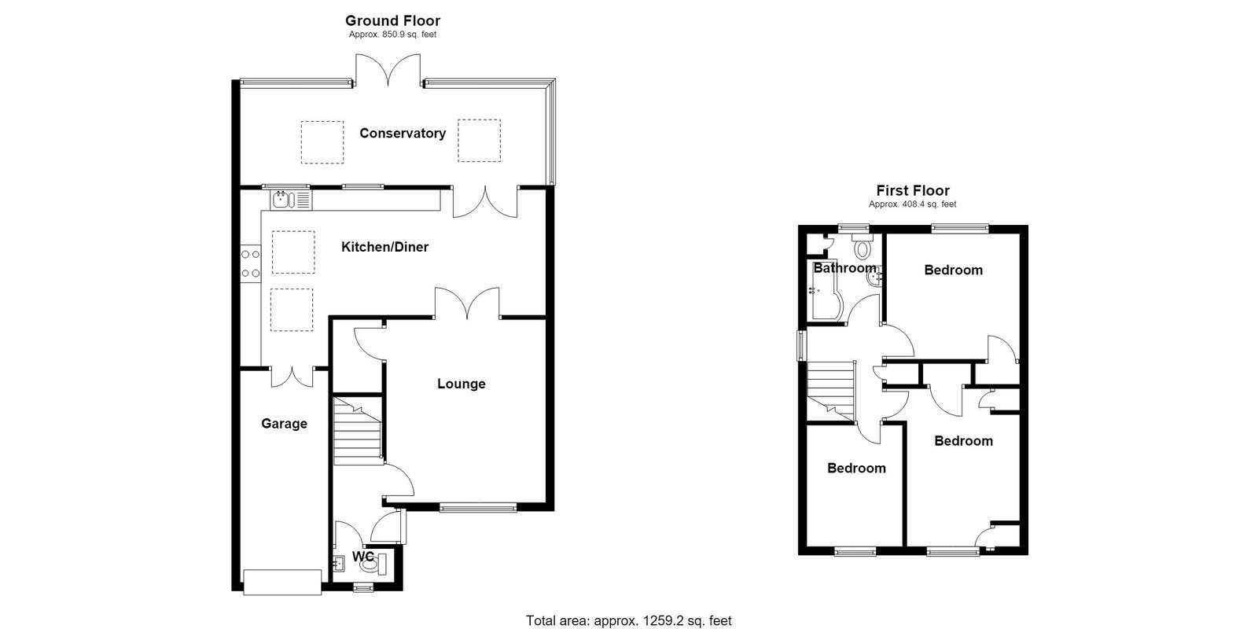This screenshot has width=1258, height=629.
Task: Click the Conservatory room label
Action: click(x=403, y=134)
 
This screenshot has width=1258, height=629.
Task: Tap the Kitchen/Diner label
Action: click(x=384, y=247)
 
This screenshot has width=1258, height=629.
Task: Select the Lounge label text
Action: click(x=461, y=384)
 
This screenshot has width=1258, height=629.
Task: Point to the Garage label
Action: click(x=284, y=424)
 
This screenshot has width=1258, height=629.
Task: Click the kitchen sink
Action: click(x=291, y=200)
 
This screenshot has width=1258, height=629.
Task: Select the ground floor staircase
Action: click(x=359, y=431)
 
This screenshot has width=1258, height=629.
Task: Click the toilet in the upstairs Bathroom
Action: click(x=862, y=246)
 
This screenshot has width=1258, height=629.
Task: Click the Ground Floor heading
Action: click(x=392, y=20)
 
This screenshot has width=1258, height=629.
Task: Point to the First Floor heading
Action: click(x=913, y=191)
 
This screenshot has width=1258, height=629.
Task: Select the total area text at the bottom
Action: click(x=628, y=620)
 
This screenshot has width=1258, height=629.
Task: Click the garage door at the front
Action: click(x=282, y=582)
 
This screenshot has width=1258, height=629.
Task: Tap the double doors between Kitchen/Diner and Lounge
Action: click(x=467, y=303)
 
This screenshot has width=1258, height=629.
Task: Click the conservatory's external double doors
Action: click(x=388, y=70)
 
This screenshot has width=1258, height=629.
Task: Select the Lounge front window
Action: click(x=478, y=509)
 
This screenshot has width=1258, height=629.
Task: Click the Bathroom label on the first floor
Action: click(x=844, y=268)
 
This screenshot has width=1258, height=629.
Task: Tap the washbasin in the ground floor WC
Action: click(x=339, y=563)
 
